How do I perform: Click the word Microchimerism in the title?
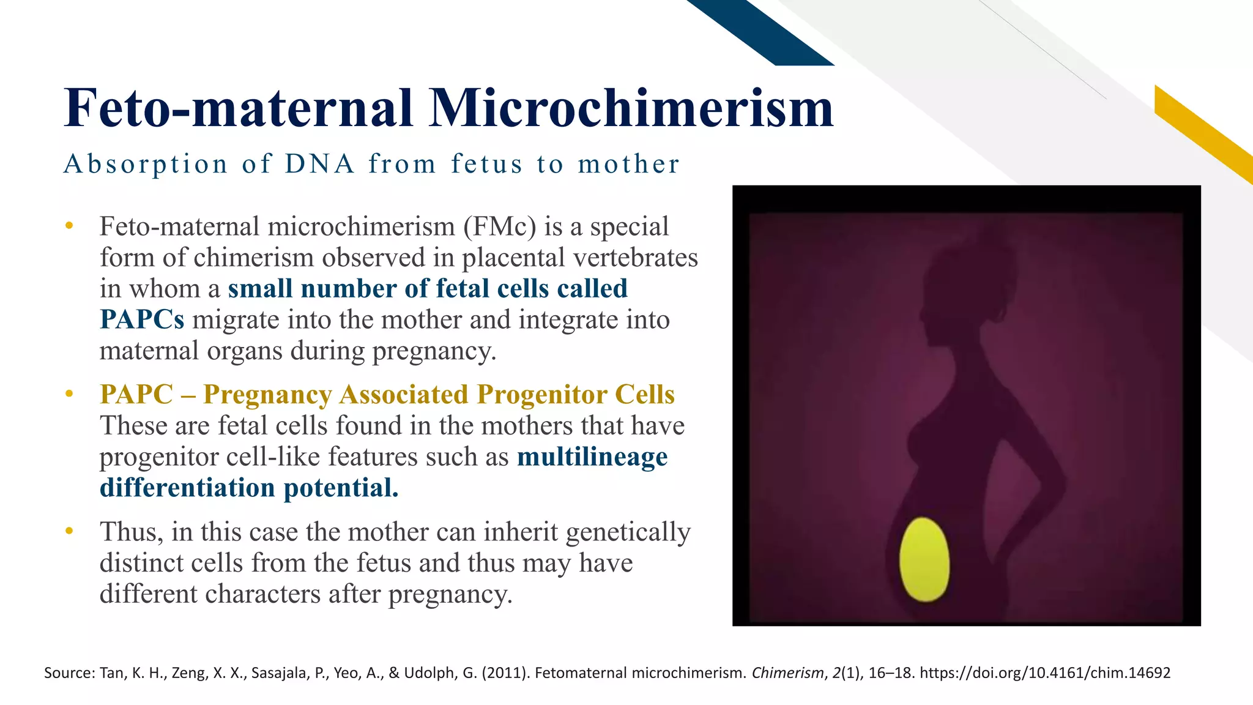(x=631, y=108)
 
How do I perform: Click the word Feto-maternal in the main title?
(x=239, y=108)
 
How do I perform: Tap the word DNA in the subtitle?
(x=319, y=164)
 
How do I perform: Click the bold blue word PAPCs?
(x=142, y=319)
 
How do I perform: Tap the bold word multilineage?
(x=592, y=457)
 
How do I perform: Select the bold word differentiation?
(x=187, y=488)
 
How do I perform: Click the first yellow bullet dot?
(x=69, y=226)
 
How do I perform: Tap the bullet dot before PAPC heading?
(x=69, y=394)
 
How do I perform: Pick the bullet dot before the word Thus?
(x=69, y=531)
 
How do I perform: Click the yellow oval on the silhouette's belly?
(x=924, y=559)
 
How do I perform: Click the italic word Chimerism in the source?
(x=787, y=673)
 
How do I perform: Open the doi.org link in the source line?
(x=1045, y=673)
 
